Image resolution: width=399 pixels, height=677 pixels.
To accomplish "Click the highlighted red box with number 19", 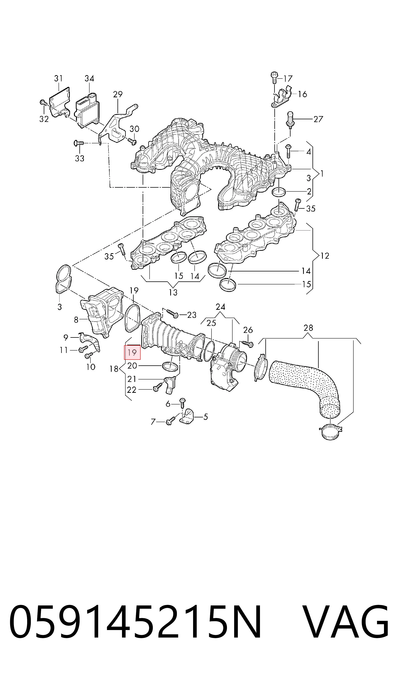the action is (x=132, y=352).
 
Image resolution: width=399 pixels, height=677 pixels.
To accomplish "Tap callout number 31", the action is (x=58, y=78).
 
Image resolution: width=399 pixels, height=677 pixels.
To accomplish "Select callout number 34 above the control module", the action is (x=89, y=78).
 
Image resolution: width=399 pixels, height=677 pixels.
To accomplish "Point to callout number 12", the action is (x=325, y=256).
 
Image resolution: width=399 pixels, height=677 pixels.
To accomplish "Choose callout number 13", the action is (x=173, y=292).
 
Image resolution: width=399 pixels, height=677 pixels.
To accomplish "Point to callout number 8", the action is (x=76, y=320).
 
